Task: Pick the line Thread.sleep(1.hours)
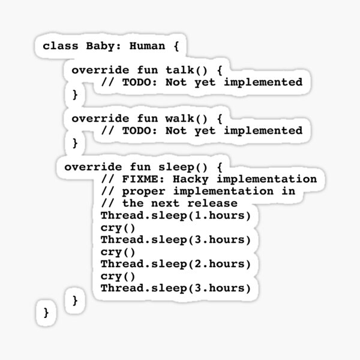point(175,215)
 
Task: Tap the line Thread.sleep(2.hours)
point(175,263)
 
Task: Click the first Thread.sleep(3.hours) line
point(175,239)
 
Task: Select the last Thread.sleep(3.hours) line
point(175,288)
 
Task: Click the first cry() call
point(118,227)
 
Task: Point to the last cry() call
point(118,276)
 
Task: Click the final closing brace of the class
point(46,312)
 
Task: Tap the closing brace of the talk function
point(75,94)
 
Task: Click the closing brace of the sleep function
point(75,300)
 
